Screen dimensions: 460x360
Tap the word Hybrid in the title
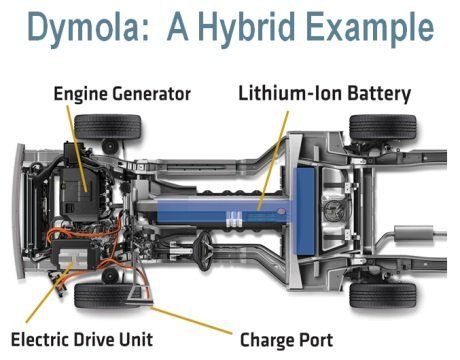(247, 26)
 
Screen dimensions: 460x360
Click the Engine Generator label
(122, 94)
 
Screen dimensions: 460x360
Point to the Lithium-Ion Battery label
(324, 94)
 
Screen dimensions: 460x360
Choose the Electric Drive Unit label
(82, 340)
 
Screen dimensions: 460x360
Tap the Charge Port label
(286, 340)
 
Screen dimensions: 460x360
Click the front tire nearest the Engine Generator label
(108, 127)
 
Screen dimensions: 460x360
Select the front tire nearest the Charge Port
(107, 296)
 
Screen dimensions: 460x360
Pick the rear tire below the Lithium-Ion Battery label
(383, 127)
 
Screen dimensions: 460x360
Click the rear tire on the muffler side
(383, 296)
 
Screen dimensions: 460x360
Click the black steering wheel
(204, 251)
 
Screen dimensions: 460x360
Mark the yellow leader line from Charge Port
(191, 320)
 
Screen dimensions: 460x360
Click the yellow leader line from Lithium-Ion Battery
(273, 161)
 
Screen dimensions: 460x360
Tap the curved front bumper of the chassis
(19, 211)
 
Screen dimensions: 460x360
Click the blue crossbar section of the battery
(304, 211)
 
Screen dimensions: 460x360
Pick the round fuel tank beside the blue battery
(335, 211)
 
